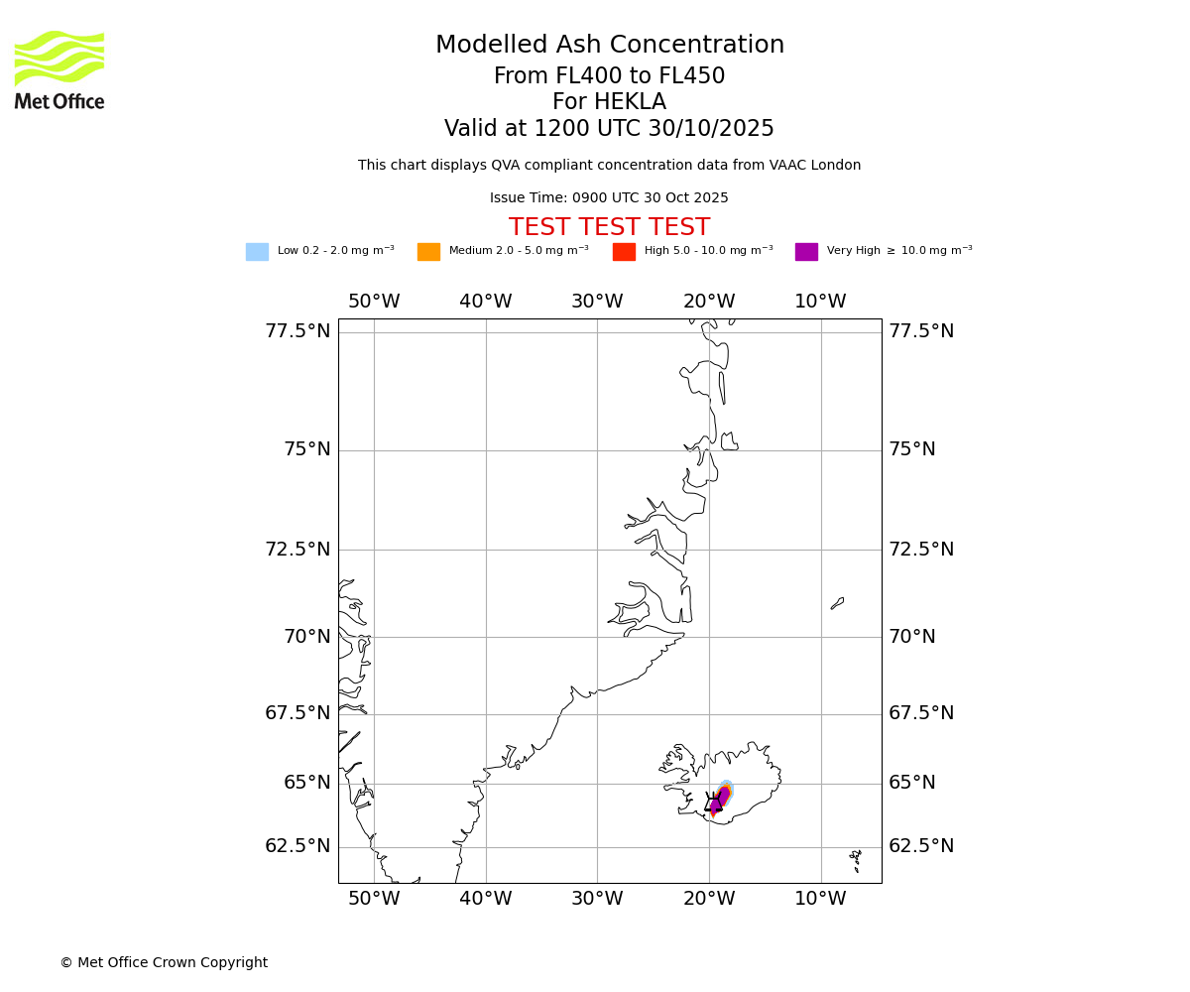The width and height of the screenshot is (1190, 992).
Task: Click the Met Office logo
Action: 59,69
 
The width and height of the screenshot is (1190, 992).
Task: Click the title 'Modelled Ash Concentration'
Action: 609,46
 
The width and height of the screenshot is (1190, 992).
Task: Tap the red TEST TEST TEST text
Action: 609,228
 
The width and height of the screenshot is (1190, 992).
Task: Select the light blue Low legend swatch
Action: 257,252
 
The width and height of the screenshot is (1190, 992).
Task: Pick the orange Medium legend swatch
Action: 428,252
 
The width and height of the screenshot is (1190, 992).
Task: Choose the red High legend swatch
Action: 624,252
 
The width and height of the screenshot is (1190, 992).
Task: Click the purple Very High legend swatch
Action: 806,252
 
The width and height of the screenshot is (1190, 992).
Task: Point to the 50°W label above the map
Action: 374,302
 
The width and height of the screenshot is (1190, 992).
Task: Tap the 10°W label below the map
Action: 820,899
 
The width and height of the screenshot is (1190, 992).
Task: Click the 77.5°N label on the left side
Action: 297,331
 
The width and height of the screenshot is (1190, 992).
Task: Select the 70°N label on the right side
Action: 911,637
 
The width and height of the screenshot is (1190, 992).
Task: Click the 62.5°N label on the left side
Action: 297,846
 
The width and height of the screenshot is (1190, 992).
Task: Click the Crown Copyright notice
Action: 164,962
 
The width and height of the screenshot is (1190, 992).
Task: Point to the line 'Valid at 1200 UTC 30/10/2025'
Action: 609,129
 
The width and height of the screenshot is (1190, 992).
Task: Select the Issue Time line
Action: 609,198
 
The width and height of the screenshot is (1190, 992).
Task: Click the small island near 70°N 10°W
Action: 838,603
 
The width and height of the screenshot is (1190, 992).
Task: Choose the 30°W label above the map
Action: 597,302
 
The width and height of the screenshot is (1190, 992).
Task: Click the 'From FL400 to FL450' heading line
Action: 609,76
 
